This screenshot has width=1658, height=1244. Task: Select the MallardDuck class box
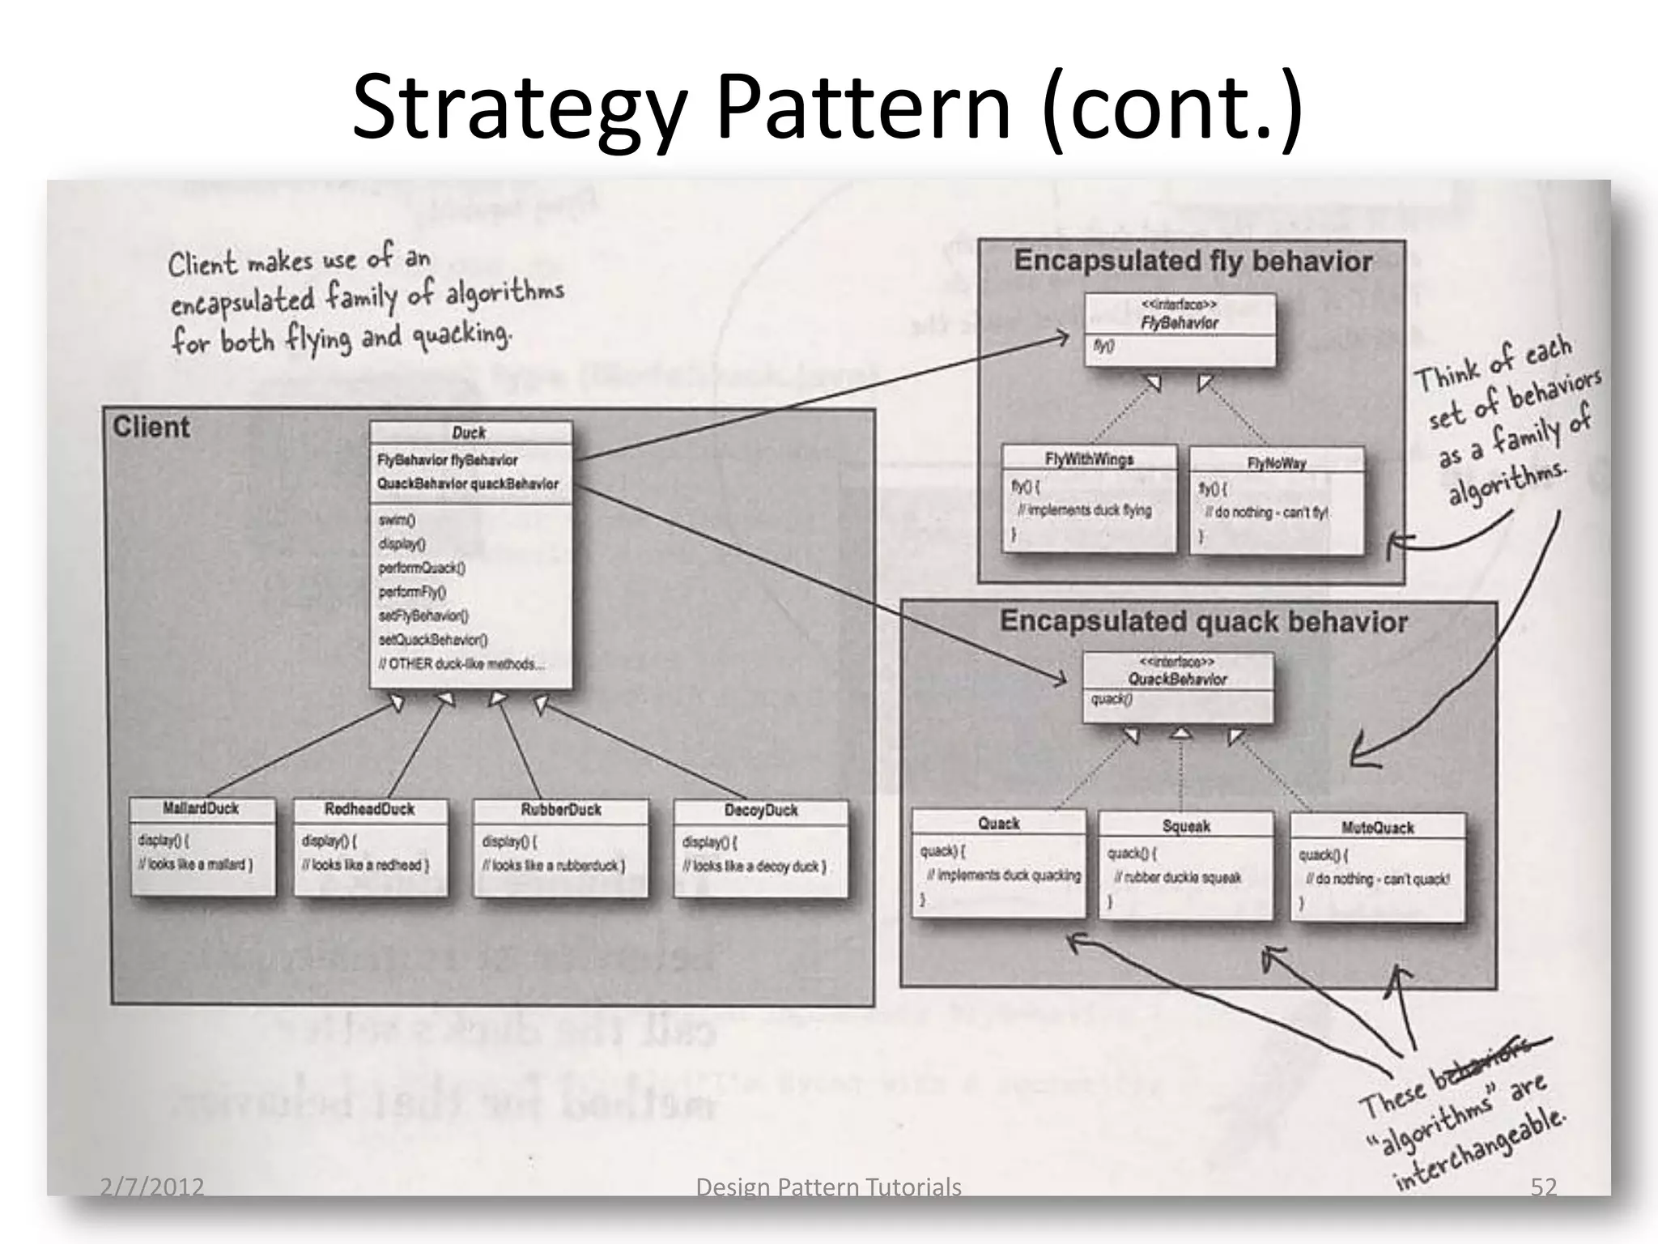202,846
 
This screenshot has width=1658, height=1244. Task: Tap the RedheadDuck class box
369,847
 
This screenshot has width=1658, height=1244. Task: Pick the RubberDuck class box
560,848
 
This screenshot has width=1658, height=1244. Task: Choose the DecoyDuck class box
760,849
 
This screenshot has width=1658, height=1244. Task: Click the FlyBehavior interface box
1180,330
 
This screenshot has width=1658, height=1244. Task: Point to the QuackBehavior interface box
1178,688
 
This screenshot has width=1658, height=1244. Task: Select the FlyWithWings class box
1089,498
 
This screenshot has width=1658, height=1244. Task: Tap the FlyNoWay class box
1277,501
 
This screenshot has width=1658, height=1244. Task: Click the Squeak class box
1185,866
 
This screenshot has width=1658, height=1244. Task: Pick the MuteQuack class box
1377,867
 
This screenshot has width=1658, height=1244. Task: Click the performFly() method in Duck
412,592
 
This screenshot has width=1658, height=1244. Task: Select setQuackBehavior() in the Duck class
433,640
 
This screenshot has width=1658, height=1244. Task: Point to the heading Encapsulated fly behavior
1192,261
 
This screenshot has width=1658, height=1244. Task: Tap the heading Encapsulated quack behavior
1203,621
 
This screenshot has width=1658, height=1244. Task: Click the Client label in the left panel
151,427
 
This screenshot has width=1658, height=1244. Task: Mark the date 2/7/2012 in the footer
151,1186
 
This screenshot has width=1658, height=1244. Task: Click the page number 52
1543,1186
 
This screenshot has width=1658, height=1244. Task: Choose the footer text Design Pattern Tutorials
828,1186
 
